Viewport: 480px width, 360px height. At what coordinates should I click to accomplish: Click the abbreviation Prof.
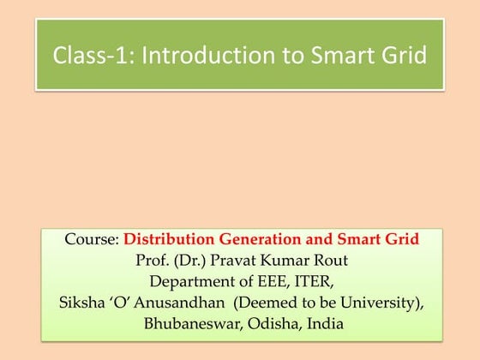[x=152, y=260]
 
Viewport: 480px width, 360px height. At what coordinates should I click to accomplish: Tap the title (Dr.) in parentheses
[x=189, y=260]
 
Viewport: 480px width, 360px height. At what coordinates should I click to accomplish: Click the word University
[x=381, y=303]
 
